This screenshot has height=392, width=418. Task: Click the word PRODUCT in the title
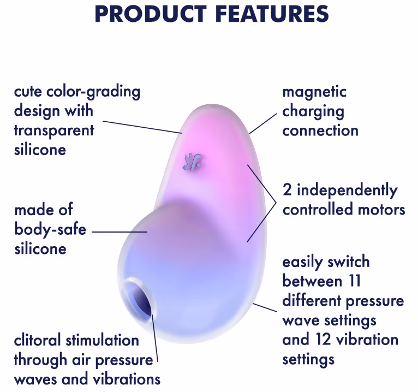tap(151, 14)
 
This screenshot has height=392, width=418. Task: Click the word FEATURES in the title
tap(272, 14)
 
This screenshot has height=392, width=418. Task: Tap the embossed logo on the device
tap(192, 162)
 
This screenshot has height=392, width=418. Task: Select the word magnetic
tap(314, 92)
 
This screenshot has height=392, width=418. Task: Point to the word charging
tap(313, 112)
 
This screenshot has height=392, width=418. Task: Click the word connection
tap(320, 130)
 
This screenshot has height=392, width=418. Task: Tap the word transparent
tap(54, 130)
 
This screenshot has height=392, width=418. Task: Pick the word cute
tap(28, 92)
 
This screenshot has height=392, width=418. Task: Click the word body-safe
tap(50, 229)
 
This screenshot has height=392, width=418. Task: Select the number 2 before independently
tap(287, 190)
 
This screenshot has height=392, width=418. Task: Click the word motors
tap(381, 209)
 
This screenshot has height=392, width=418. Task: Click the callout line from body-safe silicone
tap(120, 231)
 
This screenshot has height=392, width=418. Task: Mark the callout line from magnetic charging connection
tap(263, 124)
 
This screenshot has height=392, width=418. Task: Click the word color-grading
tap(93, 92)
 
